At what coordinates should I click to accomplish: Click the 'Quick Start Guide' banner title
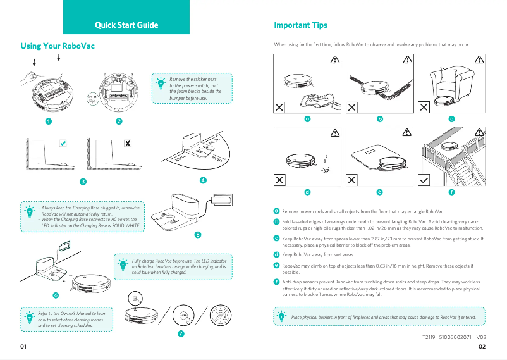[x=126, y=25]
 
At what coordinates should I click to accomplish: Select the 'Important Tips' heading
[x=300, y=25]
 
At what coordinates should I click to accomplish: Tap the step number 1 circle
[x=48, y=121]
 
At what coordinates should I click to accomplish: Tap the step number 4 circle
[x=202, y=180]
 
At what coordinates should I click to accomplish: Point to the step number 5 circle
[x=198, y=234]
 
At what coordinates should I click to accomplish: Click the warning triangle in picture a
[x=334, y=59]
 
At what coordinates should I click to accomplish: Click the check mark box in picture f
[x=425, y=180]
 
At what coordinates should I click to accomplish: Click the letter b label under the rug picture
[x=380, y=118]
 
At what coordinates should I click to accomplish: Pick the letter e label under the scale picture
[x=379, y=191]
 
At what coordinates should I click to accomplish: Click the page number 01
[x=24, y=347]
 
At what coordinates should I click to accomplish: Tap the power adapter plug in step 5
[x=222, y=199]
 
